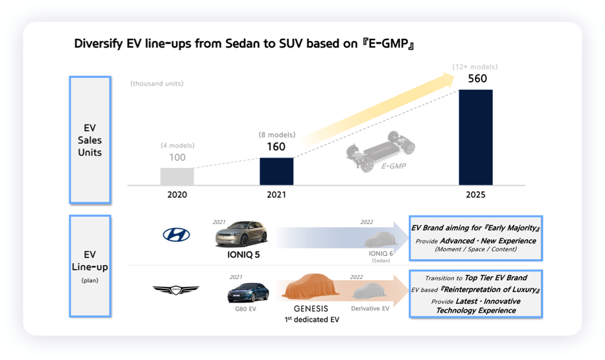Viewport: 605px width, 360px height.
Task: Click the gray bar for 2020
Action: tap(177, 176)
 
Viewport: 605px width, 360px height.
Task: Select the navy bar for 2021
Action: tap(276, 171)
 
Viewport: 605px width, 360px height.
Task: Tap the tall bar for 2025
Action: tap(475, 137)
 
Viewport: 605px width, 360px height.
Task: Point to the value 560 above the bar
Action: tap(477, 78)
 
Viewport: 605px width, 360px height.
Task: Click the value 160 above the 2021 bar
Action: tap(276, 147)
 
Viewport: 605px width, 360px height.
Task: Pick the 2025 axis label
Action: tap(475, 195)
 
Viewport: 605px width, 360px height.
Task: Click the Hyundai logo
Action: tap(177, 235)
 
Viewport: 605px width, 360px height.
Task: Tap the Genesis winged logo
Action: tap(176, 289)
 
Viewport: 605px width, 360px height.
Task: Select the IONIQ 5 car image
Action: tap(241, 234)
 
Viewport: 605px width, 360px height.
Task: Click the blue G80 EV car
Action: tap(248, 293)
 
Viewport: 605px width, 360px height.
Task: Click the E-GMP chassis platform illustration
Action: tap(380, 151)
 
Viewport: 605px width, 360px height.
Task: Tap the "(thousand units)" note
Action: tap(157, 83)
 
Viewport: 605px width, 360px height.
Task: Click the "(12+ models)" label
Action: tap(475, 67)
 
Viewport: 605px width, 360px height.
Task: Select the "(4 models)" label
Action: tap(177, 146)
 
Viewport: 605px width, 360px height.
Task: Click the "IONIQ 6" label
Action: tap(380, 253)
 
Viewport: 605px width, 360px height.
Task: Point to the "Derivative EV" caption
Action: tap(370, 309)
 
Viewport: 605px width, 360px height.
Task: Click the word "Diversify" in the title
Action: tap(98, 44)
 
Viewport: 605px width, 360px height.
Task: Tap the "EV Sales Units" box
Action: tap(90, 140)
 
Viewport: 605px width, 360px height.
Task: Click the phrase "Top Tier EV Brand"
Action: tap(496, 278)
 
